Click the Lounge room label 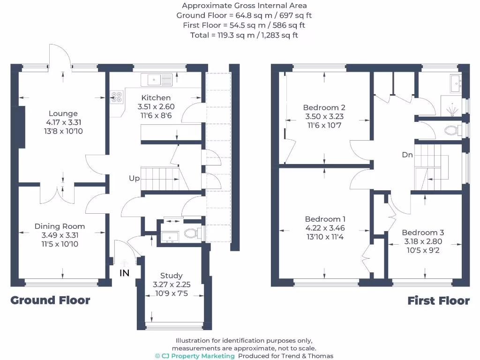tap(63, 113)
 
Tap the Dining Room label tap(60, 226)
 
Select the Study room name tap(171, 276)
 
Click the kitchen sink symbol tap(160, 80)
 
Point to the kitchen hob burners tap(116, 97)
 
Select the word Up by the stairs tap(135, 179)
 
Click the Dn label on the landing tap(407, 155)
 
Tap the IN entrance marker tap(124, 273)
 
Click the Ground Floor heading tap(50, 300)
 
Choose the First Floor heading tap(438, 301)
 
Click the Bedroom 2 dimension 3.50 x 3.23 tap(324, 117)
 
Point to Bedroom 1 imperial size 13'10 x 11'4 tap(325, 237)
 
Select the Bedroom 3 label tap(423, 232)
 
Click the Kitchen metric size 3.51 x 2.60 tap(157, 107)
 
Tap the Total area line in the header tap(244, 35)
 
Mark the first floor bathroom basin tap(455, 84)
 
